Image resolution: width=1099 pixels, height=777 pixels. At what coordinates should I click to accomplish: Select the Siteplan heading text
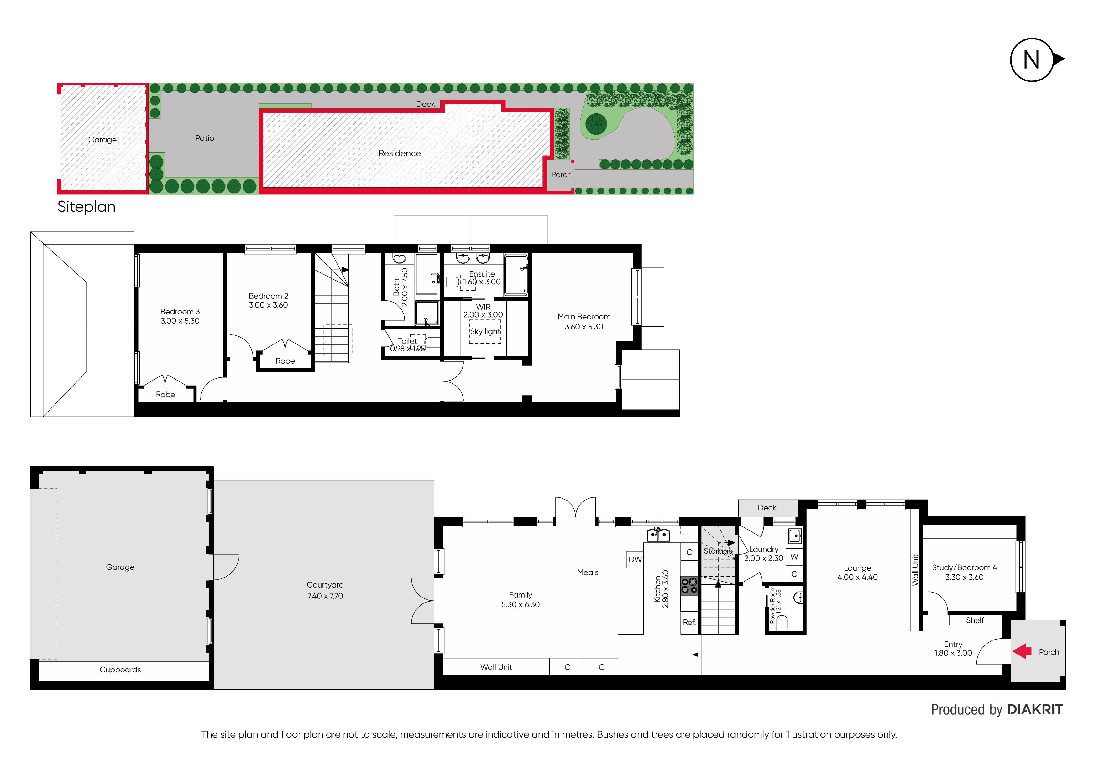(86, 207)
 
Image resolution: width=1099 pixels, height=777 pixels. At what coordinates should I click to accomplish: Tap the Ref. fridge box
(689, 623)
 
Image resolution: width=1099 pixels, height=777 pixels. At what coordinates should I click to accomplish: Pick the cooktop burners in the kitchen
(689, 586)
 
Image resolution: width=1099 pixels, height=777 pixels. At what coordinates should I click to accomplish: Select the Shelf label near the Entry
(975, 620)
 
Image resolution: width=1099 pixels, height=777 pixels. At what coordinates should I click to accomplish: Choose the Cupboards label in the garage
(120, 670)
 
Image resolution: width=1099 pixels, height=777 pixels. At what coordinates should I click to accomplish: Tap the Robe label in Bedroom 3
(165, 395)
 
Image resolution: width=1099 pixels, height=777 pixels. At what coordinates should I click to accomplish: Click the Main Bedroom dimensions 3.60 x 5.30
(584, 327)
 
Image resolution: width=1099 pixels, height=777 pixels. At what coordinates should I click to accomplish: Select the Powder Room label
(772, 606)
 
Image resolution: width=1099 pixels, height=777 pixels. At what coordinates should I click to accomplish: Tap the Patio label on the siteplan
(205, 138)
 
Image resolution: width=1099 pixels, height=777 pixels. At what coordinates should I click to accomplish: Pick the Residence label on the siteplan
(400, 153)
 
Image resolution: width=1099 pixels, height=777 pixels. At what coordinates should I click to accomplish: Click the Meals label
(588, 572)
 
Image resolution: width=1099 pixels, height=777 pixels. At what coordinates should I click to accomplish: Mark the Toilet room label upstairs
(407, 341)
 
